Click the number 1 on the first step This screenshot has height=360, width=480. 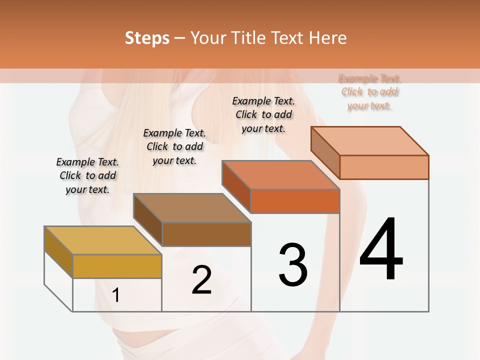point(116,295)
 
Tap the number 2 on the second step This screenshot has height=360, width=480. point(201,280)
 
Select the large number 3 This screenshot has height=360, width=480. point(293,265)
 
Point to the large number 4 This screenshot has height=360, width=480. point(381,249)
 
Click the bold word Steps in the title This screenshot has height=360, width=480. point(147,38)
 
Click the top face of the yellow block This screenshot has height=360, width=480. point(103,240)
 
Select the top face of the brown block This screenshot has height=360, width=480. point(192,207)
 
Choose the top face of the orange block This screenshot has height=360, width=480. point(281,175)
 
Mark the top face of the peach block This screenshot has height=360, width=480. point(370,141)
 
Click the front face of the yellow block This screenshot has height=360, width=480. point(117,266)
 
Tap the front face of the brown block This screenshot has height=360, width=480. point(206,234)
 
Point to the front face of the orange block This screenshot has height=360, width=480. point(295,201)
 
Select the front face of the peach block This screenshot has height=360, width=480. point(384,167)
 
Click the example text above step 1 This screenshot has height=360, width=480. point(87,176)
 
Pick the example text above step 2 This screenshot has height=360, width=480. point(174,146)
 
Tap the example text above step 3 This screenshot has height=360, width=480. point(263,114)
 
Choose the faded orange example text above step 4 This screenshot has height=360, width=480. point(369,92)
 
